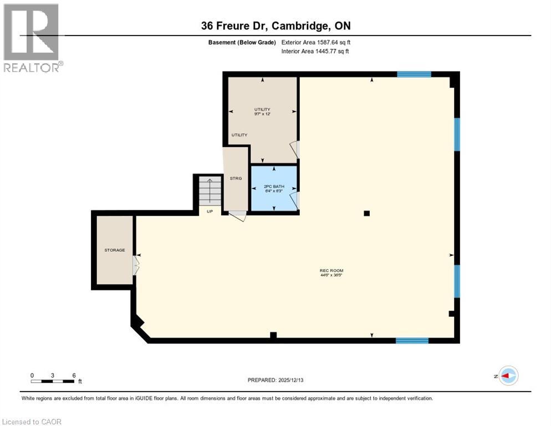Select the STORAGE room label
point(115,250)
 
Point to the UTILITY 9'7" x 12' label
point(262,111)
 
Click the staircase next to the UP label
point(210,191)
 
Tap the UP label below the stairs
point(210,211)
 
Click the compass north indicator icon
point(507,376)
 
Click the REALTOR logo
point(32,38)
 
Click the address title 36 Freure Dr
point(275,26)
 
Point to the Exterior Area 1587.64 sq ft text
point(315,42)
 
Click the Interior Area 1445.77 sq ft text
point(315,52)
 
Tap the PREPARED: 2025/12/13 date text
point(276,380)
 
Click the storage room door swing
point(135,267)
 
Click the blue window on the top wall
point(414,74)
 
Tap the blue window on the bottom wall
point(412,340)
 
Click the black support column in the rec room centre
point(366,213)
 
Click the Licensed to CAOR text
point(32,422)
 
